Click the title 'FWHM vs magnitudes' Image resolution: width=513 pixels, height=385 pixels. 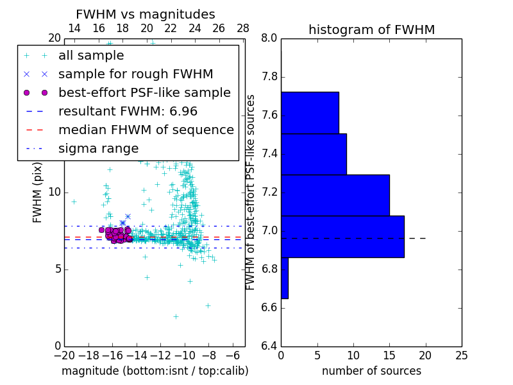[146, 14]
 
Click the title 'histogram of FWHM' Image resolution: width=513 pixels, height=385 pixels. [371, 30]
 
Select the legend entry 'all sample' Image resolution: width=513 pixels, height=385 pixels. [91, 56]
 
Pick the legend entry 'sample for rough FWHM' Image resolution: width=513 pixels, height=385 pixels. [135, 74]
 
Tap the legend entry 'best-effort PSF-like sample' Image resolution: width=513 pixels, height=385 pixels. [144, 92]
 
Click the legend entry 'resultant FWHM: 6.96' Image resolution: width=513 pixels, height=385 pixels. [128, 111]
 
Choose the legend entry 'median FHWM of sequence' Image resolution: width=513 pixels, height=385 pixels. [146, 130]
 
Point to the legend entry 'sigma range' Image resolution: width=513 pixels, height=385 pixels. [98, 148]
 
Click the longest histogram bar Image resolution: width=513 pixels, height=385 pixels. [342, 236]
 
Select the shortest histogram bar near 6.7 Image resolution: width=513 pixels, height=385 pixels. [285, 278]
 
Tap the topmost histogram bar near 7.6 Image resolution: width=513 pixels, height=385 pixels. [310, 112]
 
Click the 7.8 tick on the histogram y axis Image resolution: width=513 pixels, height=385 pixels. [269, 77]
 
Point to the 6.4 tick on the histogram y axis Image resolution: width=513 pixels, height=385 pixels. [269, 346]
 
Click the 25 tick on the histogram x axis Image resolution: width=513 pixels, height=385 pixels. [461, 355]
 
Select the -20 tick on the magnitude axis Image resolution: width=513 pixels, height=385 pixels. [64, 355]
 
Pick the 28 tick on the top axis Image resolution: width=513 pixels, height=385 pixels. [243, 28]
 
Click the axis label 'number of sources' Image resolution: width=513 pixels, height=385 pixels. [371, 371]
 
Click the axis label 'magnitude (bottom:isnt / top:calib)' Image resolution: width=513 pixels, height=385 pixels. [155, 371]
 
